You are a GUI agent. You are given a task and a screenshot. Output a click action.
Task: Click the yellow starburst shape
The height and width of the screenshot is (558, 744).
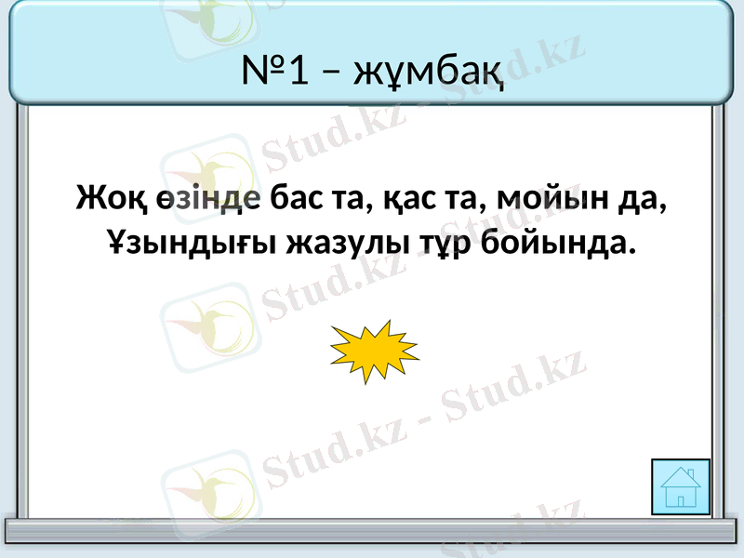[374, 351]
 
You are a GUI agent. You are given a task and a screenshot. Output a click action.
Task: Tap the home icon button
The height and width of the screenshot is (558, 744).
[681, 486]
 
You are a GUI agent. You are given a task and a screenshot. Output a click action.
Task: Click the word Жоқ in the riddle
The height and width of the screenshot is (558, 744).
[104, 198]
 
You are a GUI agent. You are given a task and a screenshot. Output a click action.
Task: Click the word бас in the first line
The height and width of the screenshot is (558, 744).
[296, 198]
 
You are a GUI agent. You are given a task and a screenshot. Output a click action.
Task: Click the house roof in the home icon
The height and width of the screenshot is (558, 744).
[681, 477]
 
